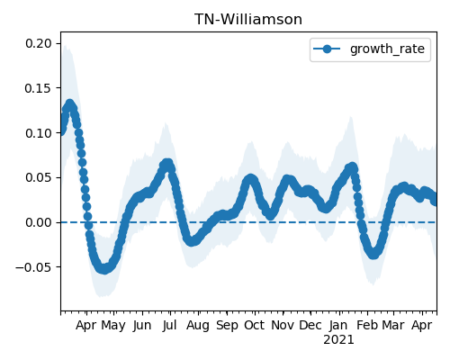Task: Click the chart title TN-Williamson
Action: [248, 20]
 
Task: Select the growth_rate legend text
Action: [387, 49]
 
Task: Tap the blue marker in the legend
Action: [327, 49]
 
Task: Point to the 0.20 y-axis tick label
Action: [39, 43]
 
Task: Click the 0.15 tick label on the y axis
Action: [39, 88]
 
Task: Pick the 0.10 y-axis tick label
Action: [39, 133]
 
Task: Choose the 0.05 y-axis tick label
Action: [39, 177]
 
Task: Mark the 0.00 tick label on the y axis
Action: [39, 222]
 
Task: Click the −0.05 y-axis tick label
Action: [33, 267]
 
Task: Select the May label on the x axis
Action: [113, 326]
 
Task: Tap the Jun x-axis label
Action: [142, 326]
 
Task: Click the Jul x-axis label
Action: [169, 326]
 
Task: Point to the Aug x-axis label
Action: [198, 326]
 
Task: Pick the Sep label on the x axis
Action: [227, 326]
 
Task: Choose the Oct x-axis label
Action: [255, 326]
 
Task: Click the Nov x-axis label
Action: [283, 326]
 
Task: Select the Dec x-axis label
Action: [310, 326]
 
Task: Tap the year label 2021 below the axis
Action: [338, 340]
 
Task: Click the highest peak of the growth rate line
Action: [70, 104]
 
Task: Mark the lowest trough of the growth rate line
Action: [103, 269]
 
